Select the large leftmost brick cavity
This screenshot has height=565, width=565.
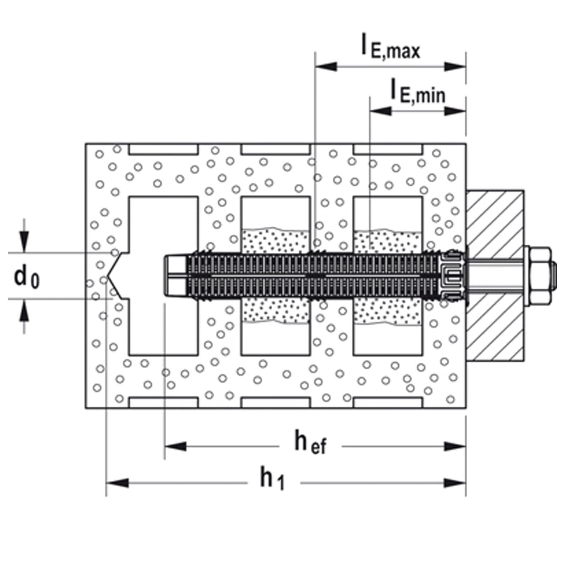[x=163, y=226]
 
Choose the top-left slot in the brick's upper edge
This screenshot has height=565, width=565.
[x=163, y=149]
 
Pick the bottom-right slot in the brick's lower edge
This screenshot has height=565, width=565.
[x=388, y=402]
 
